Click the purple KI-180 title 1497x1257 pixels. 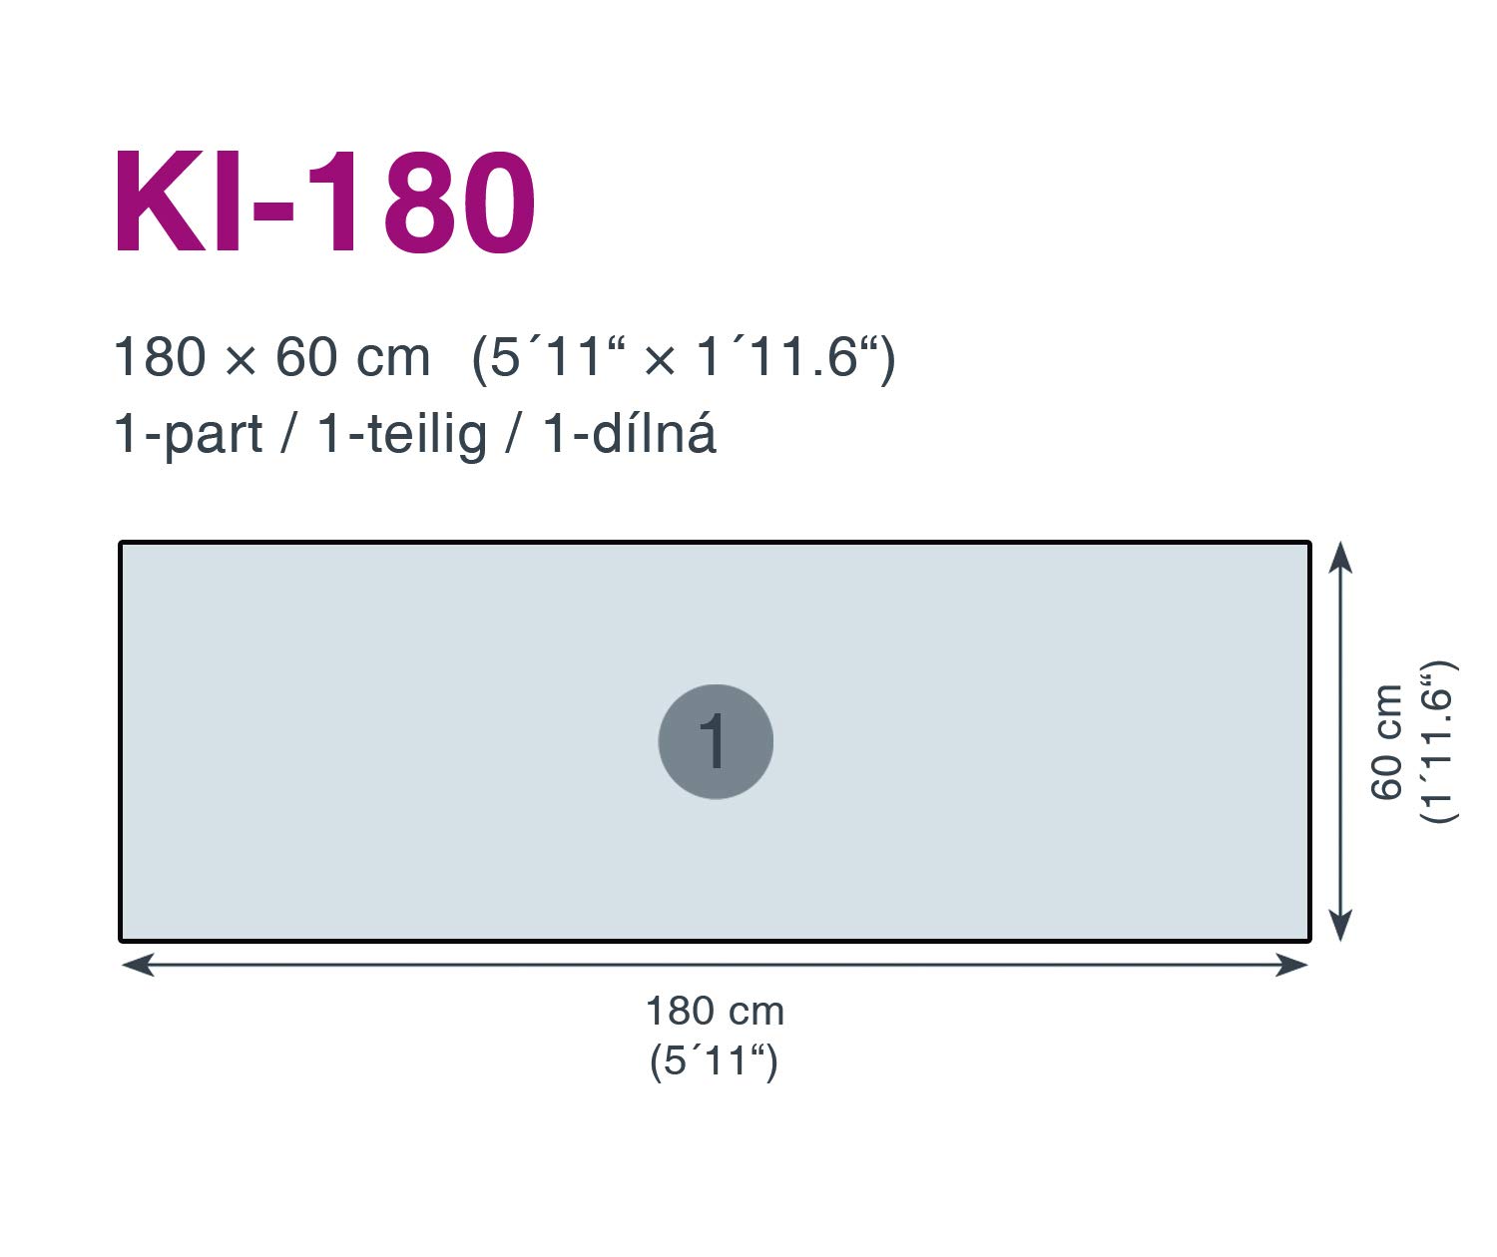(x=324, y=202)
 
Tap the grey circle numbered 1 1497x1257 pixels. (x=716, y=742)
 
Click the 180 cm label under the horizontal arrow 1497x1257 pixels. (x=715, y=1012)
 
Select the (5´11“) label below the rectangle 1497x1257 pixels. (x=714, y=1061)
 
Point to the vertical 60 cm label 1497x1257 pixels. (x=1386, y=742)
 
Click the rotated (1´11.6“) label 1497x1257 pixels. (x=1438, y=742)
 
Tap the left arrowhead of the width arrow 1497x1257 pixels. (x=138, y=965)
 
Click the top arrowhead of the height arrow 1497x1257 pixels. (x=1340, y=558)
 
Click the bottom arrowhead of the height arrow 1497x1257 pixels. (x=1340, y=925)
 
